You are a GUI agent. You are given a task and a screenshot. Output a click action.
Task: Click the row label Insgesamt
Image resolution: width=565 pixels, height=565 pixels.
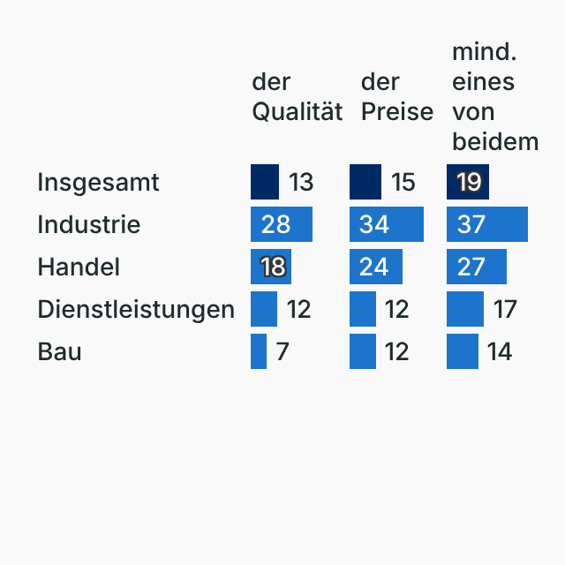[98, 183]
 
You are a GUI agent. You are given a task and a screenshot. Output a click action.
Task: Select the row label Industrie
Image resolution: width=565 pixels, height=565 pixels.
[88, 225]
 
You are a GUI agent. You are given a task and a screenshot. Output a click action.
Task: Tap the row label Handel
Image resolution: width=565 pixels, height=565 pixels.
[79, 267]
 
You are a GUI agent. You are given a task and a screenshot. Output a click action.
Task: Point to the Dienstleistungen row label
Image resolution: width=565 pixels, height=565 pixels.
[136, 310]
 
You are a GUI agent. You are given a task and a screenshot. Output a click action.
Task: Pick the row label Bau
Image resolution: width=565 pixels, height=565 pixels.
[59, 352]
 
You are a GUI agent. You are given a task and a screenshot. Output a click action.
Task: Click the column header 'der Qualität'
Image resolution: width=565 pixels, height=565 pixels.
[297, 97]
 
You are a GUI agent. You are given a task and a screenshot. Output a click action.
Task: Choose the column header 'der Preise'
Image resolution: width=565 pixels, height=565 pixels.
[396, 97]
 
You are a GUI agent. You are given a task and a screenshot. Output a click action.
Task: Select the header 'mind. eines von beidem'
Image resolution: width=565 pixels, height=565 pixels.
[494, 97]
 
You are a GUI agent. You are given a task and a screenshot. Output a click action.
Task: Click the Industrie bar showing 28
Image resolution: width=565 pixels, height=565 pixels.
[282, 225]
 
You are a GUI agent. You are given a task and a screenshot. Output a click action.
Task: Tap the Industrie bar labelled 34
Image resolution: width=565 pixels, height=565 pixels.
[387, 225]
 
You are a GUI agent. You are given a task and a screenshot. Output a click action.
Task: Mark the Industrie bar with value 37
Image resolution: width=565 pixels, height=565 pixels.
[487, 225]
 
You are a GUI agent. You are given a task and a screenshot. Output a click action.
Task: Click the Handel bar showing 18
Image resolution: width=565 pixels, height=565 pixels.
[271, 267]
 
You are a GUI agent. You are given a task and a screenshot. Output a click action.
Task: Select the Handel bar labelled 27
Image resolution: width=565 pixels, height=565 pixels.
[477, 267]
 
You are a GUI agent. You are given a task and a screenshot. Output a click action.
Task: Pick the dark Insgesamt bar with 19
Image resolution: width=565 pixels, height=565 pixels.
[468, 183]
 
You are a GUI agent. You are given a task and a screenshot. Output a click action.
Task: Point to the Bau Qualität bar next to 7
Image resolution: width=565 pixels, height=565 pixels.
[259, 352]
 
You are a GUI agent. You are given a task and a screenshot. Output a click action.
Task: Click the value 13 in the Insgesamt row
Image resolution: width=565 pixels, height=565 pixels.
[301, 183]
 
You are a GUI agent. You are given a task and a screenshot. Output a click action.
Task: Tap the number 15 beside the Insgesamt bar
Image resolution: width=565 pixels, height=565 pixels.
[403, 183]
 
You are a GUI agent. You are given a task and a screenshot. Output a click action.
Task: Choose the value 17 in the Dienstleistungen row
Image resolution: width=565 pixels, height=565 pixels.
[504, 310]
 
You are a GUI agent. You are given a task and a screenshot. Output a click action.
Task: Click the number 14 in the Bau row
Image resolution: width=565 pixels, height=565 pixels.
[500, 352]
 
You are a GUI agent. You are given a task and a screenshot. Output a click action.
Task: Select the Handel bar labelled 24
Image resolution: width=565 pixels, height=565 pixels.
[376, 267]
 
